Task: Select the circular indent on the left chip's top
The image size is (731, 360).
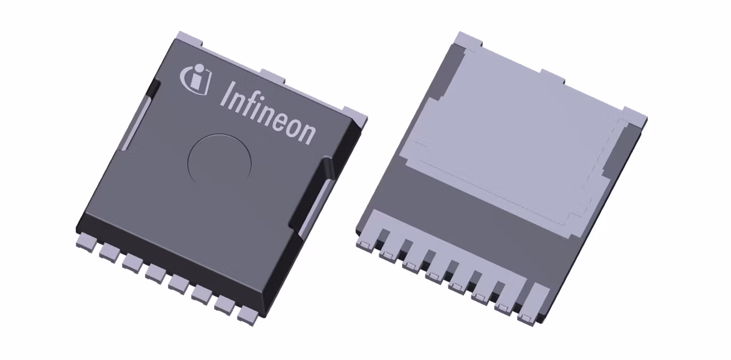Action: coord(220,159)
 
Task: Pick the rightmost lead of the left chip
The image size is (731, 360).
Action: coord(248,314)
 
